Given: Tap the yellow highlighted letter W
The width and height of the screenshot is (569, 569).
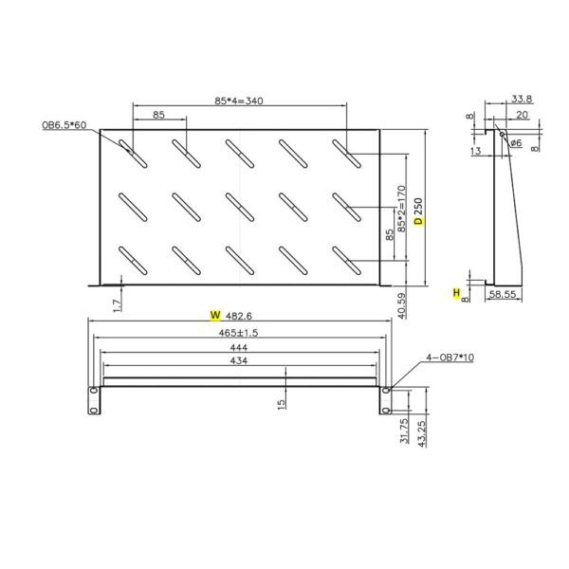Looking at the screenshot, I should point(214,314).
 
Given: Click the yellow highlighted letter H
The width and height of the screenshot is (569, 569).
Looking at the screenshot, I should point(456,295).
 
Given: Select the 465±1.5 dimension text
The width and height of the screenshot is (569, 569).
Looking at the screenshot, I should point(239,332).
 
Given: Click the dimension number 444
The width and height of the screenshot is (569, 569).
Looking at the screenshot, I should point(239,348).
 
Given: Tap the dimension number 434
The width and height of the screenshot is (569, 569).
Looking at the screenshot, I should point(239,362).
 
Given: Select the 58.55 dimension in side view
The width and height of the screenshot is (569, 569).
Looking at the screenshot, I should point(504,296).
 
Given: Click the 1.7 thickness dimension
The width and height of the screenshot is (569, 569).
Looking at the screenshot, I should point(117,304).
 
